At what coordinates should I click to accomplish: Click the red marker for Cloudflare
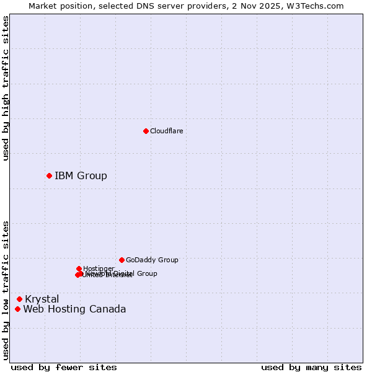146,131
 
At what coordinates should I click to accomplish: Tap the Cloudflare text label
166,131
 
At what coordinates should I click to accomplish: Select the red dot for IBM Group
49,175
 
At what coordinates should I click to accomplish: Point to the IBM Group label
81,175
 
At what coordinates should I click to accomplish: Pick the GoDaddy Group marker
122,260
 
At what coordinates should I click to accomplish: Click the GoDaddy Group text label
152,260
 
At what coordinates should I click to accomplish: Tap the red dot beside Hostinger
79,268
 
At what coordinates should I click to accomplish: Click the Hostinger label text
99,268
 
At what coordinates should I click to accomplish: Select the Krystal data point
19,299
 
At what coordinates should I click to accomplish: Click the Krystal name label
42,299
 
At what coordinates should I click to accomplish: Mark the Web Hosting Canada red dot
17,309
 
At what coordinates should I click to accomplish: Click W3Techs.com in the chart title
318,6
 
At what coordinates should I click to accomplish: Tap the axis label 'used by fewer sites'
63,367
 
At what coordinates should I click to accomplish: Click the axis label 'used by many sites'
311,367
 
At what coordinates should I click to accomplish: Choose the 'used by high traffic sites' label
6,88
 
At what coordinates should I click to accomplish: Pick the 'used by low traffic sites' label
6,290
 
